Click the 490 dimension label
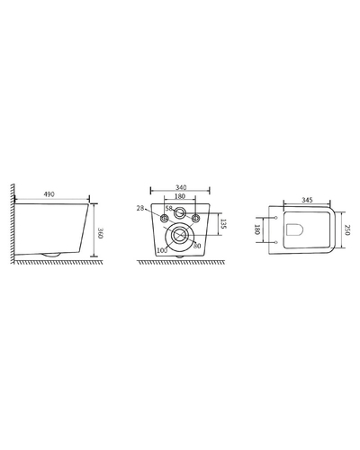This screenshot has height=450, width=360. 49,194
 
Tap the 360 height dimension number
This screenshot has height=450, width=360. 100,233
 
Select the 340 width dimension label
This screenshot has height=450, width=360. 181,187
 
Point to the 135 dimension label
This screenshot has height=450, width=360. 223,224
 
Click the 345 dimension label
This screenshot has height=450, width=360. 307,200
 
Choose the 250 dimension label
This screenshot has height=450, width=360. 347,230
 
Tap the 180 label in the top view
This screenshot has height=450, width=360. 256,229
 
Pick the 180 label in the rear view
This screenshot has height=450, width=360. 180,196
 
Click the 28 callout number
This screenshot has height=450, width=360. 140,208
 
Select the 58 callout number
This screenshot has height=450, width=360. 169,208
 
